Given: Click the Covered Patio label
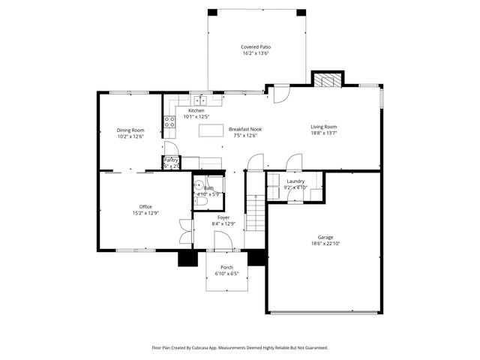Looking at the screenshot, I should (x=256, y=46).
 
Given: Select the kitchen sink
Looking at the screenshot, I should (x=200, y=100).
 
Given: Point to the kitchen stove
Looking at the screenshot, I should (x=169, y=120).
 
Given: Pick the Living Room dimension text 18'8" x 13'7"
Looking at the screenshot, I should (x=324, y=133).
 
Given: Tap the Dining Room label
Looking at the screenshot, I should (x=130, y=130).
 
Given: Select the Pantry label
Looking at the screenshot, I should (x=171, y=160).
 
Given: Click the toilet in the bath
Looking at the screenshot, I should (x=201, y=202).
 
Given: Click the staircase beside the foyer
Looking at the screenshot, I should (x=257, y=211).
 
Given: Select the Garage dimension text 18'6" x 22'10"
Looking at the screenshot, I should (x=325, y=244).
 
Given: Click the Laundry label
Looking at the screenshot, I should (x=295, y=181).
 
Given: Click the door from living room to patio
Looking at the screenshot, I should (x=278, y=94).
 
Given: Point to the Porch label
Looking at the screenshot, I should (x=226, y=268).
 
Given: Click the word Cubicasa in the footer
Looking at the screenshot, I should (x=229, y=348).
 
